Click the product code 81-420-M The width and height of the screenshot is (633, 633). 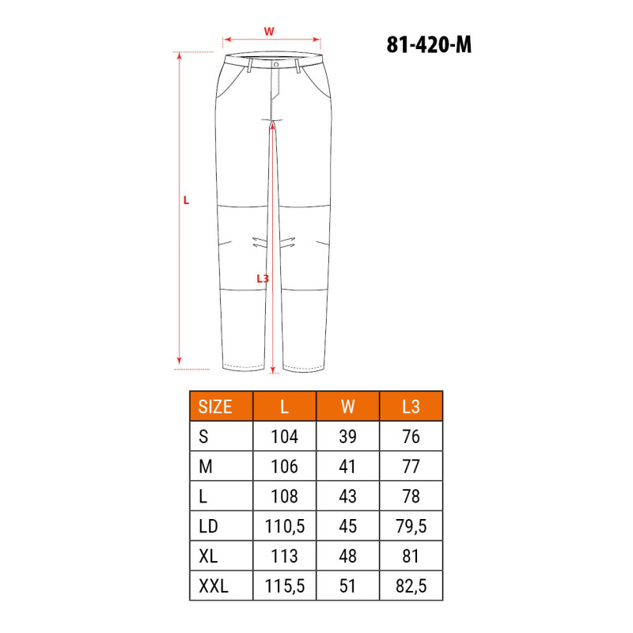[x=429, y=44]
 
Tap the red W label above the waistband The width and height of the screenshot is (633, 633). [x=269, y=32]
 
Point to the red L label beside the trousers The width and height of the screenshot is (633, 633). [x=186, y=200]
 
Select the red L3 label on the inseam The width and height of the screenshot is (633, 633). [x=263, y=279]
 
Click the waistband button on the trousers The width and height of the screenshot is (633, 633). [x=276, y=65]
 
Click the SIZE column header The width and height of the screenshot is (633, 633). [x=215, y=407]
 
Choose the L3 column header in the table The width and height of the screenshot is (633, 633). [x=411, y=407]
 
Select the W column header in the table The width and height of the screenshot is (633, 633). [x=347, y=407]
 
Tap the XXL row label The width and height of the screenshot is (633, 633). [x=214, y=586]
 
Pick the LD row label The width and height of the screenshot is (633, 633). [x=208, y=526]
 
